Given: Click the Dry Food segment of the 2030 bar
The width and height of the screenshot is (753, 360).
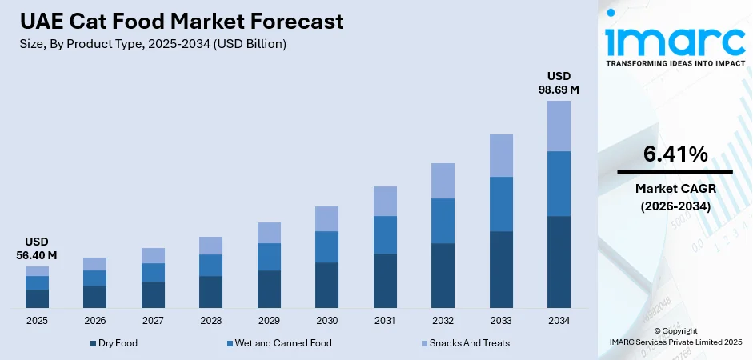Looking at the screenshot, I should [x=326, y=285].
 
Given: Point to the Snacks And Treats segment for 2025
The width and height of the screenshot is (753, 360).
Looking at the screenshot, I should [x=37, y=271].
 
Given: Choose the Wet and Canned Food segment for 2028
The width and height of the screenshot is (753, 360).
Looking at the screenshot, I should [x=210, y=265].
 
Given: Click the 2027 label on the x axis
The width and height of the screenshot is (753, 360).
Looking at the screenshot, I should [x=153, y=321].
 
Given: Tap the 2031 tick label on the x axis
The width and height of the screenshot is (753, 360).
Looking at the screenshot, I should [x=385, y=321].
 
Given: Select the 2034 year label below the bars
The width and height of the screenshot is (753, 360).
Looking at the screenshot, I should [x=559, y=321].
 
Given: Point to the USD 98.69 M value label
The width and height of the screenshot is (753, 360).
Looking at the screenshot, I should [x=559, y=82].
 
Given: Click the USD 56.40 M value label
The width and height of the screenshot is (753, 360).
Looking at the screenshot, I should [x=37, y=248].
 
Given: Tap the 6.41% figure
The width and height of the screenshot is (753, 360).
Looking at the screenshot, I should [x=675, y=154].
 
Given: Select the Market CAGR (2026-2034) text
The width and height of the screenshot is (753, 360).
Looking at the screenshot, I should [x=675, y=196].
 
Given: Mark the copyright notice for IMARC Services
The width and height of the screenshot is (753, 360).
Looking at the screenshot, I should [x=675, y=336].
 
